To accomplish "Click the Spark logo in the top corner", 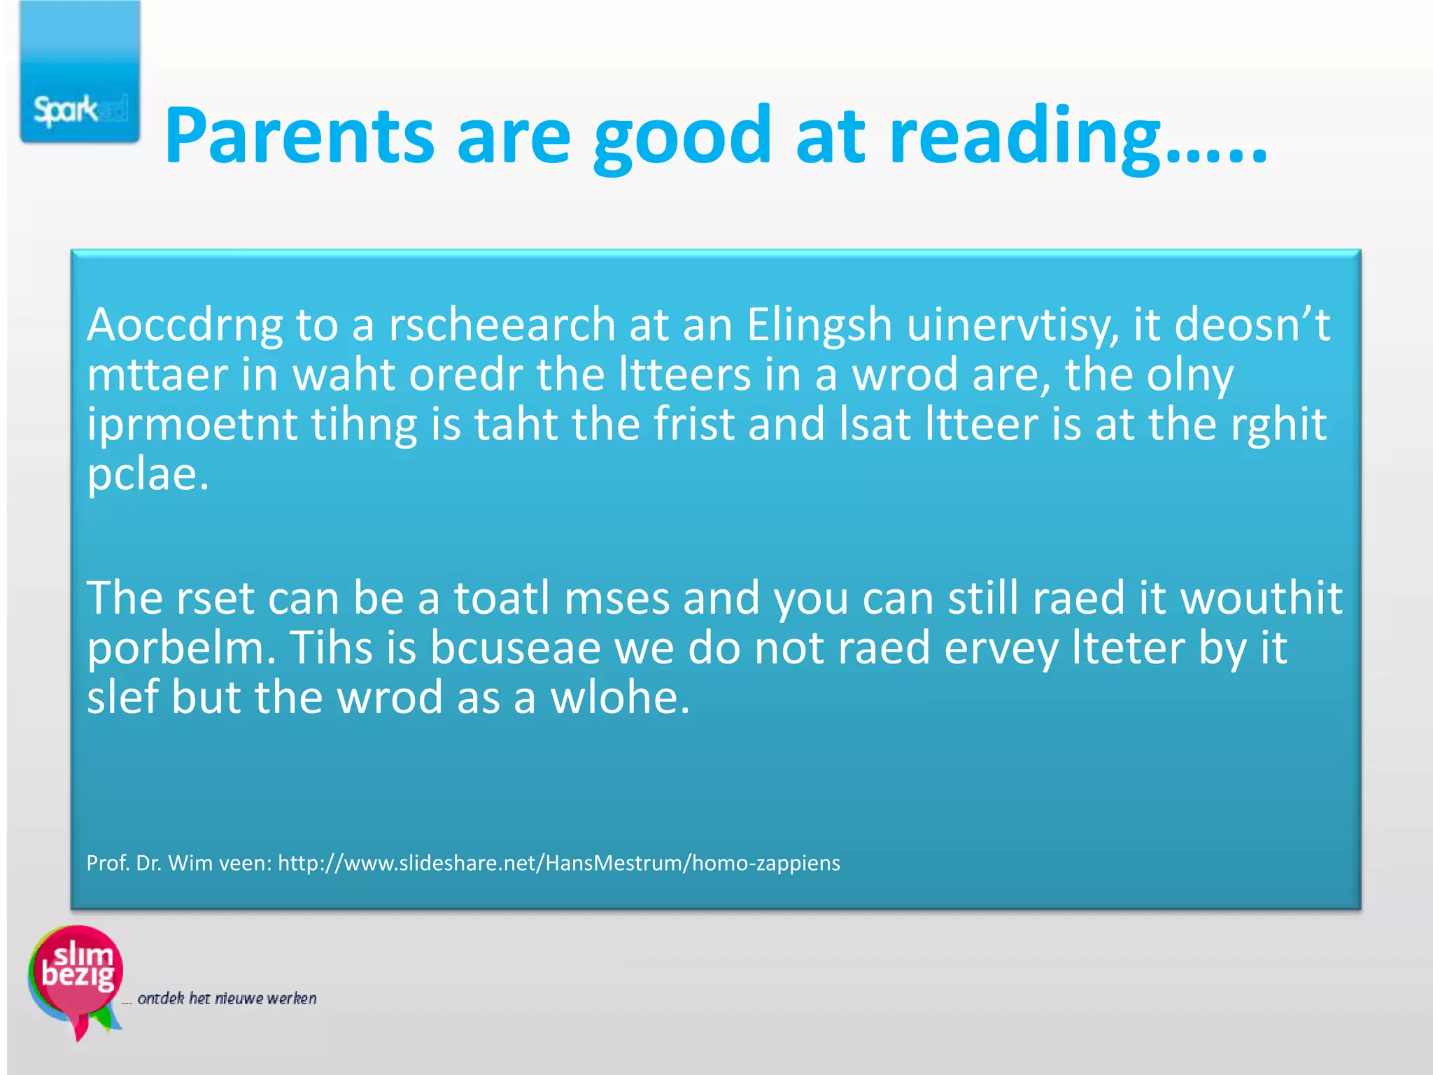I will pyautogui.click(x=80, y=73).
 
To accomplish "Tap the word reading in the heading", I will pyautogui.click(x=1024, y=136).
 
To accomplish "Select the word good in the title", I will pyautogui.click(x=682, y=136).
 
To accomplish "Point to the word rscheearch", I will pyautogui.click(x=501, y=326).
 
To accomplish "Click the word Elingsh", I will pyautogui.click(x=819, y=326).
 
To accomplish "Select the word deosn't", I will pyautogui.click(x=1252, y=326).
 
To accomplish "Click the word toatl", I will pyautogui.click(x=502, y=599).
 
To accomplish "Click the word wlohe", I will pyautogui.click(x=620, y=698).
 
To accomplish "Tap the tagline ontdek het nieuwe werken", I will pyautogui.click(x=227, y=998).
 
